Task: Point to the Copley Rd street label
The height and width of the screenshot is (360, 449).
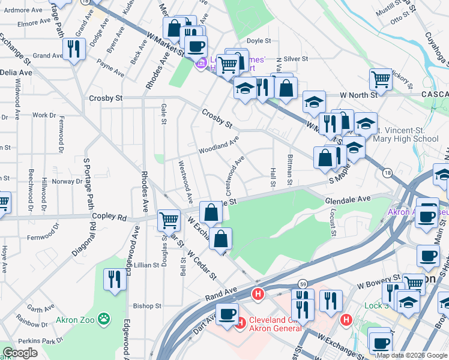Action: pyautogui.click(x=109, y=216)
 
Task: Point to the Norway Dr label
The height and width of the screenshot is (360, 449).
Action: pyautogui.click(x=66, y=181)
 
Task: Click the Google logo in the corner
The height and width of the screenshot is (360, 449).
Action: pyautogui.click(x=20, y=353)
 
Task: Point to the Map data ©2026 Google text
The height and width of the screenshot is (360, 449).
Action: pyautogui.click(x=412, y=355)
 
